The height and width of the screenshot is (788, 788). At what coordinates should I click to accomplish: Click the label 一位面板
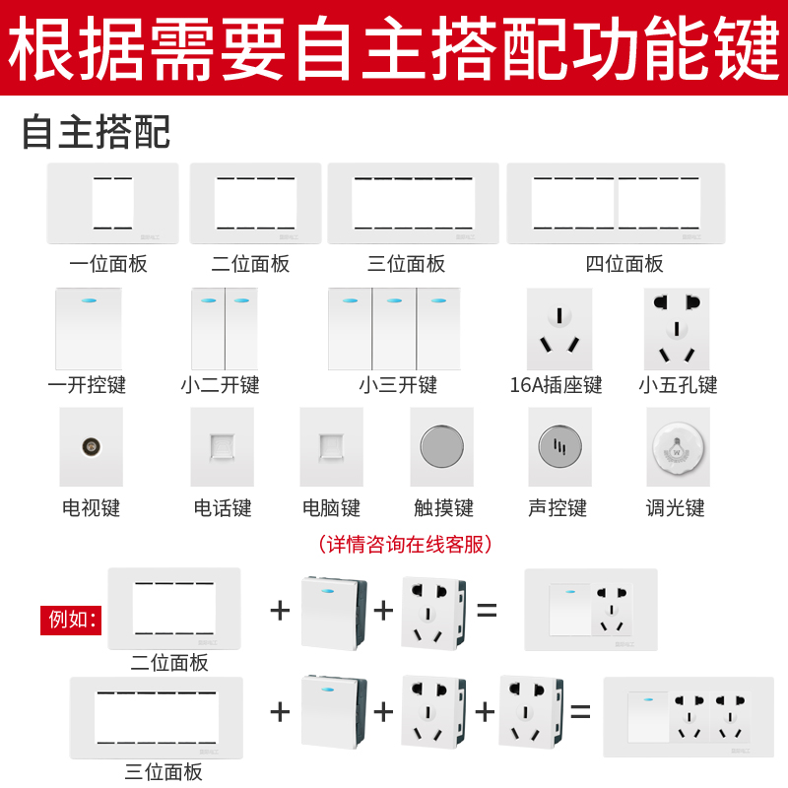pos(108,263)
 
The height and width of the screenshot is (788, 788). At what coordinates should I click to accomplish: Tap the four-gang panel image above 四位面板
pos(616,204)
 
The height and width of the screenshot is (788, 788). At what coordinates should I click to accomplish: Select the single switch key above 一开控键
pos(89,328)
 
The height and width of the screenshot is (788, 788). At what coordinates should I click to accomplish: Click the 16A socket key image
pos(559,328)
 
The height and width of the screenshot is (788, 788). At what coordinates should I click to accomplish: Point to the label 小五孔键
pos(678,384)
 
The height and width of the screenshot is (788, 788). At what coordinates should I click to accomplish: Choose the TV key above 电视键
pos(91,446)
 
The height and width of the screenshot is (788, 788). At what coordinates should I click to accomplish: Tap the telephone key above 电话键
pos(222,446)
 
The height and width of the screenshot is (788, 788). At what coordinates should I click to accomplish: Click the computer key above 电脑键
pos(331,446)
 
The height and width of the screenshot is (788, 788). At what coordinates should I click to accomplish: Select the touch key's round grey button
pos(441,447)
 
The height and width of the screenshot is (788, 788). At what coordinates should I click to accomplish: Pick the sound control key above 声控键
pos(559,447)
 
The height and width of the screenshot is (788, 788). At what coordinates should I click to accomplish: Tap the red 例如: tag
pos(71,620)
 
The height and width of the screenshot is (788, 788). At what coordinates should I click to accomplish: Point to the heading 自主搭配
pos(97,131)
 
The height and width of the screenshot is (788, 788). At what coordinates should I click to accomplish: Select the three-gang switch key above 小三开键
pos(394,328)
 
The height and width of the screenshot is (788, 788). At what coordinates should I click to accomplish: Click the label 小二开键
pos(220,384)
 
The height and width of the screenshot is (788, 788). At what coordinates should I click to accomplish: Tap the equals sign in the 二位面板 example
pos(487,610)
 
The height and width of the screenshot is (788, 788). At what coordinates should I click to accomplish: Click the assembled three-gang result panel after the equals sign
pos(688,716)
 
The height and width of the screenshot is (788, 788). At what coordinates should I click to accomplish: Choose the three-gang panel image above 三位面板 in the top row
pos(414,204)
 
